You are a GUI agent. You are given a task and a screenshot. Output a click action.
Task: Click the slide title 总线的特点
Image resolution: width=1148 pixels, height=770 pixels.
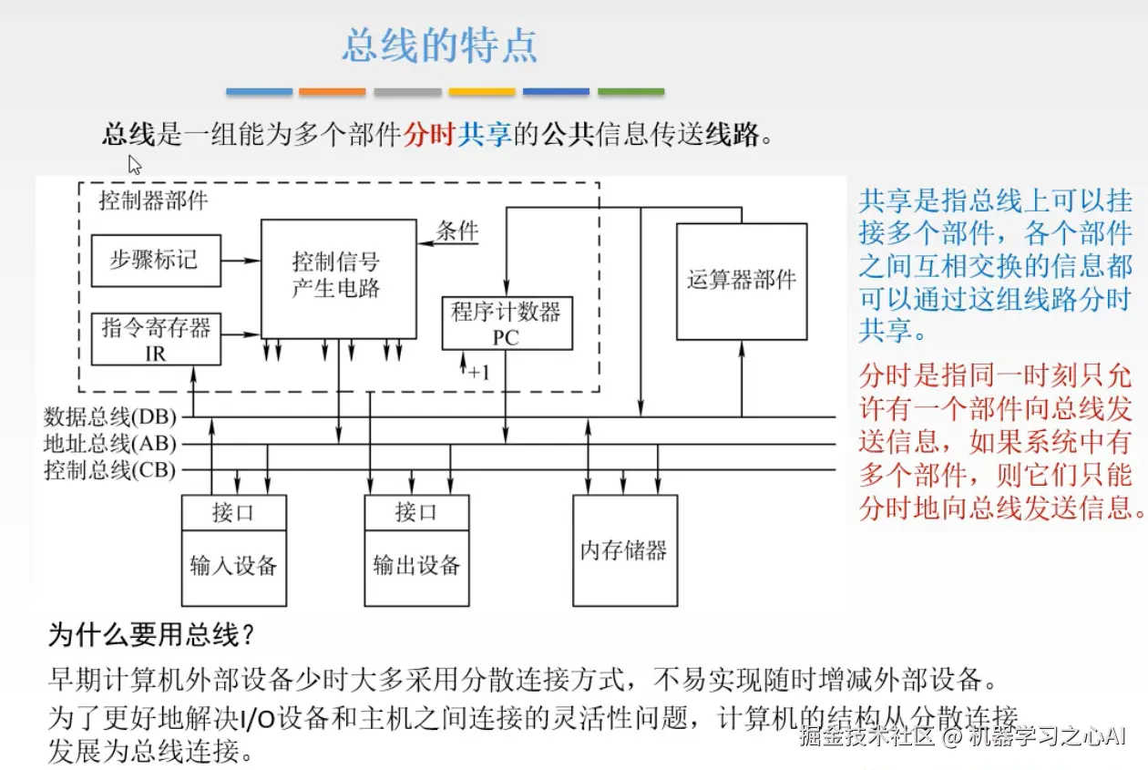pyautogui.click(x=439, y=46)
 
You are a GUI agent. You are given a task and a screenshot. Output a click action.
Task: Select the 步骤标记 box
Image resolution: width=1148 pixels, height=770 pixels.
pyautogui.click(x=156, y=261)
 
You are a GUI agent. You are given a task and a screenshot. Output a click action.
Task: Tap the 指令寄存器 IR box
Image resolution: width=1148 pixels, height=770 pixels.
pyautogui.click(x=156, y=339)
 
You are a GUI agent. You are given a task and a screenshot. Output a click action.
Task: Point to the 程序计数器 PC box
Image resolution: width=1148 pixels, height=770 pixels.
pyautogui.click(x=507, y=323)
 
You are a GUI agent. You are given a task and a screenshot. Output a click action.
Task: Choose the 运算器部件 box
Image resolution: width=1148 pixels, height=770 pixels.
pyautogui.click(x=741, y=281)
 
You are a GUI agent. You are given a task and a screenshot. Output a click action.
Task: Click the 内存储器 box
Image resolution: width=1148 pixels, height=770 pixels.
pyautogui.click(x=624, y=550)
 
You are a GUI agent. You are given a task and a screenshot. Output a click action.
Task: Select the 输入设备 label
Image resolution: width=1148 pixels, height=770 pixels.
pyautogui.click(x=233, y=566)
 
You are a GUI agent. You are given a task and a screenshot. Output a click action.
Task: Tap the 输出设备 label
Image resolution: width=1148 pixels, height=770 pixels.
pyautogui.click(x=416, y=566)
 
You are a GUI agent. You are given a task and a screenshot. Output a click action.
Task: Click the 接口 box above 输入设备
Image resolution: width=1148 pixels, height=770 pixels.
pyautogui.click(x=233, y=512)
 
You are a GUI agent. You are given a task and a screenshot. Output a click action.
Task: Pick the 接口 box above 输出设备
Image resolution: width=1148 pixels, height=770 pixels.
pyautogui.click(x=416, y=512)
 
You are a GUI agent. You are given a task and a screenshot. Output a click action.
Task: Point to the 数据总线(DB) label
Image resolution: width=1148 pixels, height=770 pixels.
pyautogui.click(x=110, y=417)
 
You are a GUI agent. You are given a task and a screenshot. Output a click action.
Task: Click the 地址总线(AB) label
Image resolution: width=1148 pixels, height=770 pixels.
pyautogui.click(x=110, y=445)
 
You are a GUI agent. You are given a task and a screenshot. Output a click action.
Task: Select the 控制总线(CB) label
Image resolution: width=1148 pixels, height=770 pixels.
pyautogui.click(x=110, y=471)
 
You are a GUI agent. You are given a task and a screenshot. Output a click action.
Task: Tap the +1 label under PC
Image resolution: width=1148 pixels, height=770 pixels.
pyautogui.click(x=479, y=372)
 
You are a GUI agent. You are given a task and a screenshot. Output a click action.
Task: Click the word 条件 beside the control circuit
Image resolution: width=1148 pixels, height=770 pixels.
pyautogui.click(x=457, y=230)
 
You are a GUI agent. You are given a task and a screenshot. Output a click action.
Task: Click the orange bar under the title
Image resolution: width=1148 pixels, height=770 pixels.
pyautogui.click(x=333, y=92)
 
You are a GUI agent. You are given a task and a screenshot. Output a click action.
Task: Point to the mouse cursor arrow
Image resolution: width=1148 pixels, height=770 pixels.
pyautogui.click(x=134, y=165)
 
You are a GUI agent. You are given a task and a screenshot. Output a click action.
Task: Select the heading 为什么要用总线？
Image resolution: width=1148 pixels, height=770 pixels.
pyautogui.click(x=149, y=635)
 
